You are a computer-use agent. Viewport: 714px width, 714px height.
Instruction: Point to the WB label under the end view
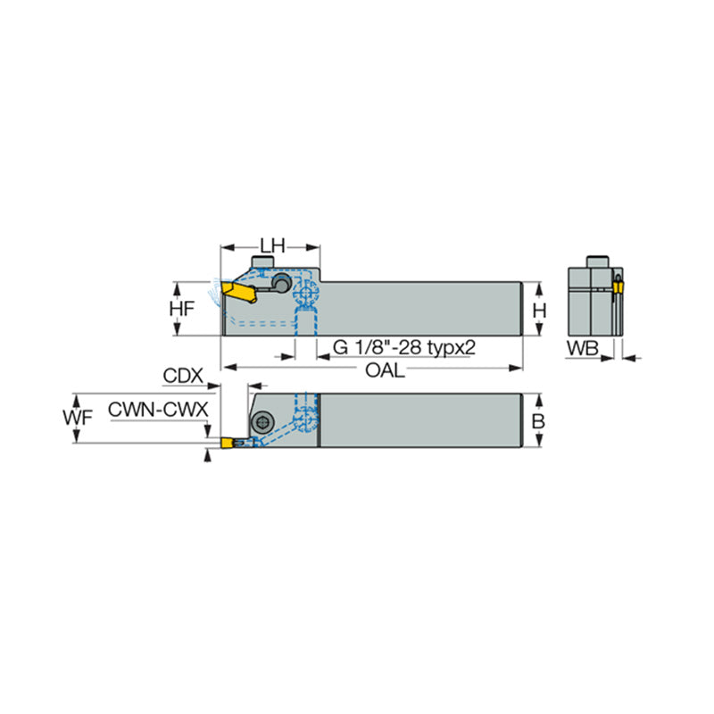tap(585, 349)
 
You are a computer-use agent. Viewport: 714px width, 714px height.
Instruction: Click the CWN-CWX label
tap(158, 409)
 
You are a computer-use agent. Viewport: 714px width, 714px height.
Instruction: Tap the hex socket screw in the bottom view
tap(265, 421)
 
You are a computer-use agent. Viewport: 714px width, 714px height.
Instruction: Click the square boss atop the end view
tap(595, 262)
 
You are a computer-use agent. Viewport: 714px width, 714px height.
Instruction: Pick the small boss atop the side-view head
tap(262, 261)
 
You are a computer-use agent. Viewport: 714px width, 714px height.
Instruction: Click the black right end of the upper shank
tap(522, 309)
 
